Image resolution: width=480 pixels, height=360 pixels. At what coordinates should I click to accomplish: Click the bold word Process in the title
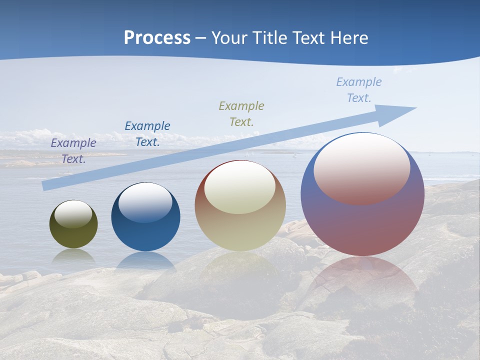pos(157,37)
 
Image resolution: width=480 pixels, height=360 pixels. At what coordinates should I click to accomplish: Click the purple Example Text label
pos(73,150)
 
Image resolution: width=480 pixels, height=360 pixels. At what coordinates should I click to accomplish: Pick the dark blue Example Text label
pos(147,133)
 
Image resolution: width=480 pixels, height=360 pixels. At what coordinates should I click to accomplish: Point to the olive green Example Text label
pos(241,113)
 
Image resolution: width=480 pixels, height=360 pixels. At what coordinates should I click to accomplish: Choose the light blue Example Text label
pos(359,89)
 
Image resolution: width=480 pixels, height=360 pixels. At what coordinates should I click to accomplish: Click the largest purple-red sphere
pos(362,225)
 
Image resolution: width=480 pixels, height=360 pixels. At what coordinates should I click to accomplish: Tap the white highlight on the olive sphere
pos(73,214)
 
